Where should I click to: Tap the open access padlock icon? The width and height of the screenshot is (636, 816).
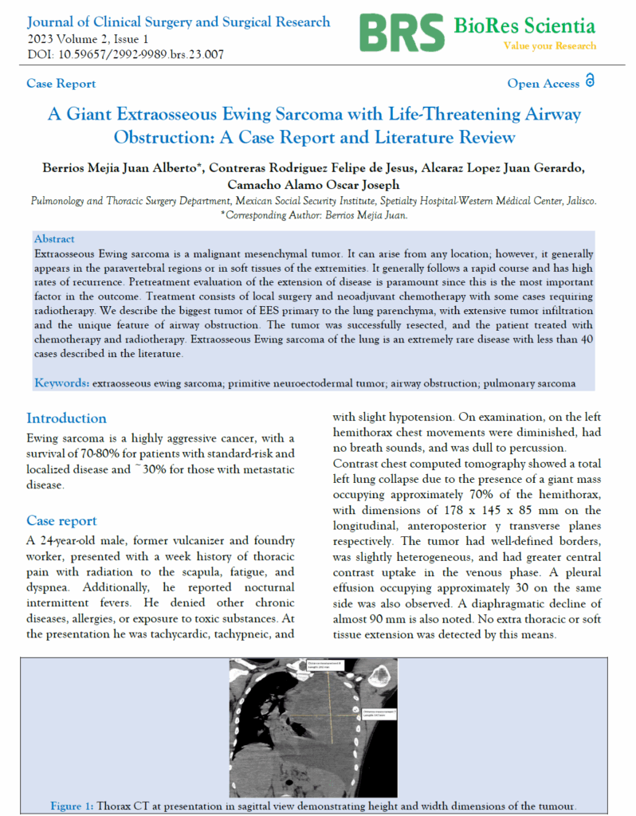click(x=590, y=81)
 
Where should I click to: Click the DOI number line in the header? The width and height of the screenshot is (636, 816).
click(x=126, y=55)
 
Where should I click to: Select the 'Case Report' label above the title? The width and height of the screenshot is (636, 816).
click(x=61, y=84)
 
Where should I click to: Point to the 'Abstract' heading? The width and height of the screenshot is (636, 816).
click(x=54, y=238)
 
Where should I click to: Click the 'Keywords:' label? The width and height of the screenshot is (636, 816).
click(x=61, y=383)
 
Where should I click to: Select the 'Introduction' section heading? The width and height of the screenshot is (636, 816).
click(x=66, y=418)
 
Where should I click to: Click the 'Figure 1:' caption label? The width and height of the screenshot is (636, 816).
click(x=72, y=806)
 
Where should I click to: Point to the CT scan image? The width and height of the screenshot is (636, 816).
click(x=317, y=728)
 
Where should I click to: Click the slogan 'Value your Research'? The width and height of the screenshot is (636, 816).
click(x=549, y=46)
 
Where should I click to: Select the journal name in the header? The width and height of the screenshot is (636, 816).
click(x=179, y=22)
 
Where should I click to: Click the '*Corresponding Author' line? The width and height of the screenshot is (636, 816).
click(x=317, y=215)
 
